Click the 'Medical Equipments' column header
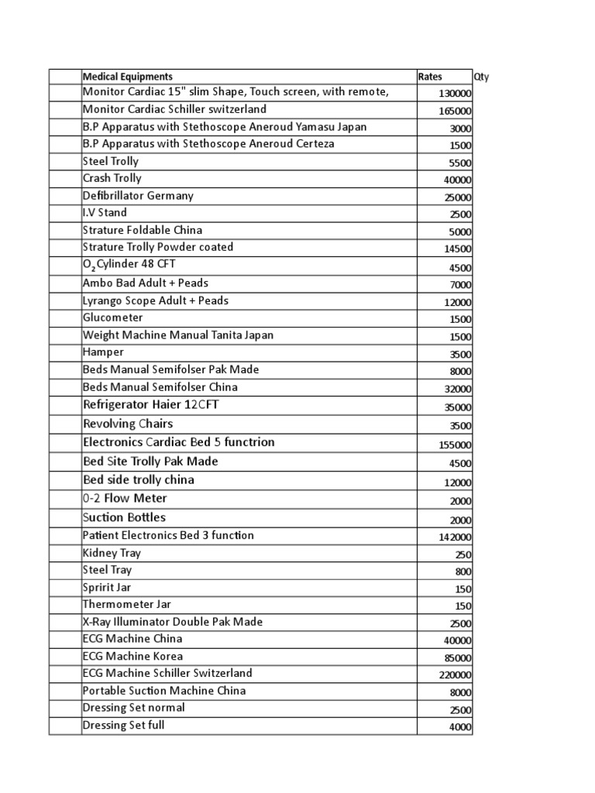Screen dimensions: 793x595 pos(128,77)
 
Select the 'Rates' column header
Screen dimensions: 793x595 pos(430,77)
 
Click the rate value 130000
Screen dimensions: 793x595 pos(455,94)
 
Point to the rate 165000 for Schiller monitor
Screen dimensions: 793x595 pos(455,111)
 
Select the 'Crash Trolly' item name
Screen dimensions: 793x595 pos(112,178)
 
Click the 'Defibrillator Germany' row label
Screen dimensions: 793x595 pos(138,196)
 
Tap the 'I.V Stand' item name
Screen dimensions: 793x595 pos(105,212)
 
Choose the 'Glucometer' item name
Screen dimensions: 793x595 pos(112,318)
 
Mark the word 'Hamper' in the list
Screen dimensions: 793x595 pos(103,352)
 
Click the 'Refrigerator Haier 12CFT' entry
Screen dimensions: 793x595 pos(156,405)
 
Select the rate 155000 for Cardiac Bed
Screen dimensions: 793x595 pos(455,445)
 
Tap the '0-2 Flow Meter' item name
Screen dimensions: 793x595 pos(125,498)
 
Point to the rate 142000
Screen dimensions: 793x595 pos(455,537)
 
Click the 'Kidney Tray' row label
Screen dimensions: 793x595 pos(112,553)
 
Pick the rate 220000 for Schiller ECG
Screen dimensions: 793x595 pos(455,675)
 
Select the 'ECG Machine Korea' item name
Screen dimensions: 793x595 pos(132,656)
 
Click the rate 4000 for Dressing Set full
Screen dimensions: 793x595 pos(459,728)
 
